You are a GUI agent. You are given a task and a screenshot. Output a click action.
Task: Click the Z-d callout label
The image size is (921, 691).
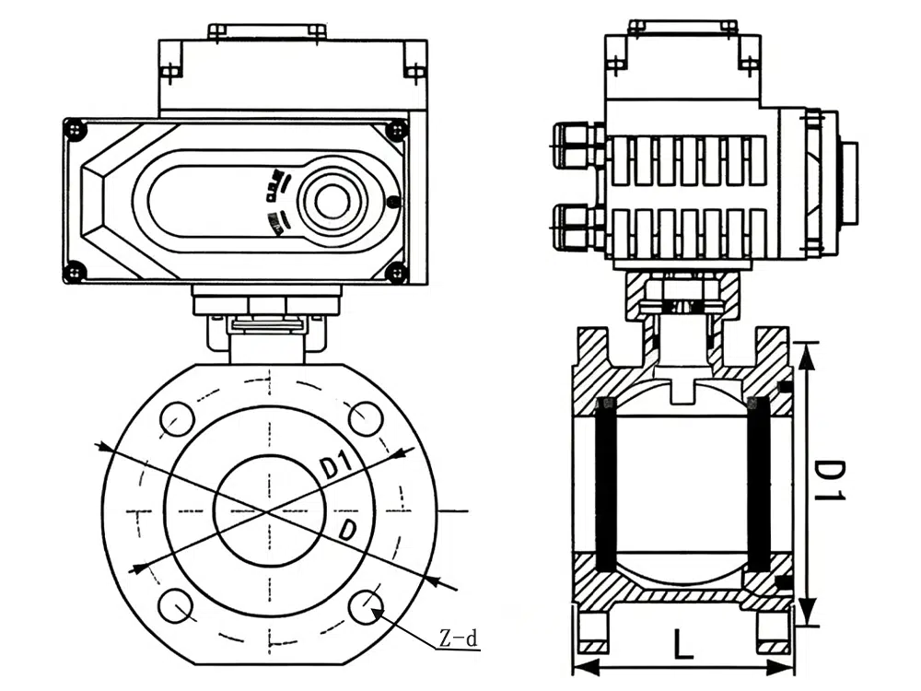point(459,638)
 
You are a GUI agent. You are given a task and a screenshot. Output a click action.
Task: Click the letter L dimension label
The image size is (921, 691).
point(682,643)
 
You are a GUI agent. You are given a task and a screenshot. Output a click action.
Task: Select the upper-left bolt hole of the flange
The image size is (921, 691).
point(176,419)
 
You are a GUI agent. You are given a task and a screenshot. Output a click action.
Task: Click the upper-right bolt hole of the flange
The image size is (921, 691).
point(366,419)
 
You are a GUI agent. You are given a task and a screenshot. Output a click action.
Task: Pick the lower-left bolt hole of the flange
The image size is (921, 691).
point(175,605)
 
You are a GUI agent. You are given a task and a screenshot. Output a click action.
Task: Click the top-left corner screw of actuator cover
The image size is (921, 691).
point(75,130)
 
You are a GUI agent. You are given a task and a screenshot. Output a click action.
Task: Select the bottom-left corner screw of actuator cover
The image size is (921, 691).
point(75,272)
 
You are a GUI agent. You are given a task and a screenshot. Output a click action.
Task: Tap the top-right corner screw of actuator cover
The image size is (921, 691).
point(397,130)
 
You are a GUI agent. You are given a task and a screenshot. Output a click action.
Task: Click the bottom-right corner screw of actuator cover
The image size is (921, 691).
point(397,272)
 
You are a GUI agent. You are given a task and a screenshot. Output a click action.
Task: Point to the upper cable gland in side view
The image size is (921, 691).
point(577,146)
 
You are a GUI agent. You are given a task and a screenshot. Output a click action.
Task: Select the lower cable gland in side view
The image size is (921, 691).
point(577,227)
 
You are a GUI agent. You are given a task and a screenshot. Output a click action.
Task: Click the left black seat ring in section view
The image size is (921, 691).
point(606,484)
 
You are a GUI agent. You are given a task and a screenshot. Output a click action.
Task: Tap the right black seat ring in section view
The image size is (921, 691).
point(757,484)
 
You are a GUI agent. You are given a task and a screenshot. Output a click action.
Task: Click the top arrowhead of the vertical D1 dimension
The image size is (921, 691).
point(806,350)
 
